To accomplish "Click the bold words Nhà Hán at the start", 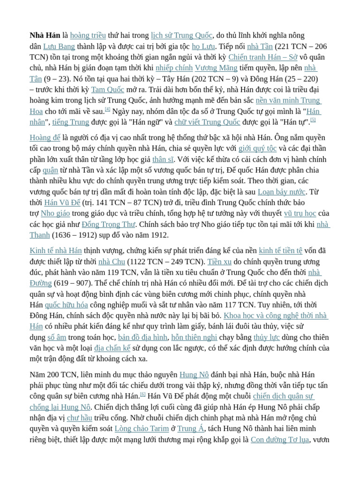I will click(45, 35).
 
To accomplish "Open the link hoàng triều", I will click(88, 35).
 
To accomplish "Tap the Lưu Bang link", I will click(59, 46).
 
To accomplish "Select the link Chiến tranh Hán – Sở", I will click(263, 57).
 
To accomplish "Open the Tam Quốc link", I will click(108, 89).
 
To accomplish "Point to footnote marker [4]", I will click(108, 109).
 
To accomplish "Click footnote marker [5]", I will click(313, 120).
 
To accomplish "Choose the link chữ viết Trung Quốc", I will click(207, 122).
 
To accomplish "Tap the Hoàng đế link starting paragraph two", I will click(45, 137).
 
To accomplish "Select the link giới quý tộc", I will click(257, 148).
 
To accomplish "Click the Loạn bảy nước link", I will click(282, 192).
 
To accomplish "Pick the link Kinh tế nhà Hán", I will click(56, 250).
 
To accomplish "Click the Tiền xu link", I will click(219, 261).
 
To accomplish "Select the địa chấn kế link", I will click(112, 348).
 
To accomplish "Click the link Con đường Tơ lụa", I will click(280, 439).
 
